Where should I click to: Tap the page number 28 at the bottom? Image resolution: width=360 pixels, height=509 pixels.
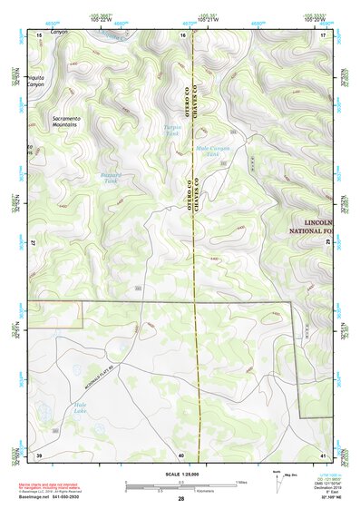[x=180, y=500]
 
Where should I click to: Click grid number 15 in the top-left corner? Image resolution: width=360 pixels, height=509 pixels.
[x=39, y=34]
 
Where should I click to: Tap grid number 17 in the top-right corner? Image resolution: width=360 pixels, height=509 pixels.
[x=322, y=34]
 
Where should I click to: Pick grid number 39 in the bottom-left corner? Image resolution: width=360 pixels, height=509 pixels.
[x=39, y=455]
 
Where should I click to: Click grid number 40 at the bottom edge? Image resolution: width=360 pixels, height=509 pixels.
[x=181, y=455]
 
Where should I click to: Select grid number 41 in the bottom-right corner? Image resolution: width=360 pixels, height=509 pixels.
[x=322, y=455]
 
